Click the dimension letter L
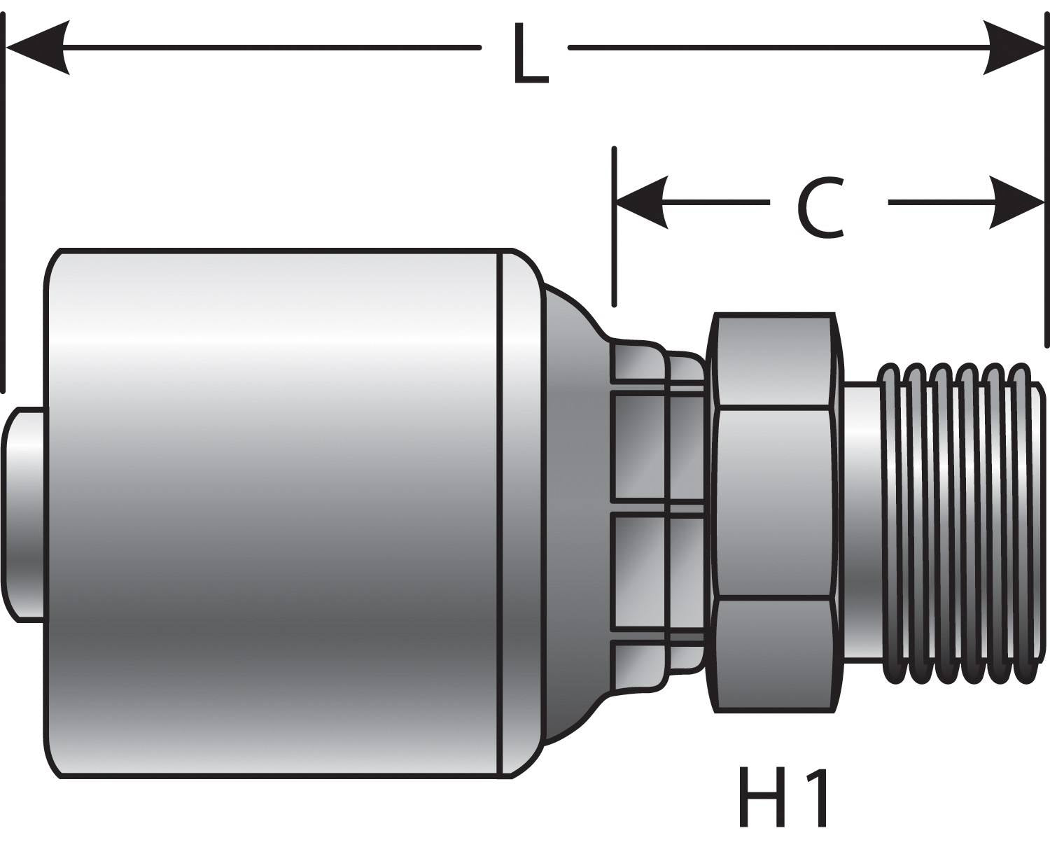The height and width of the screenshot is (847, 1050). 530,55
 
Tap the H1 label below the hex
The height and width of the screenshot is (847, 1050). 784,797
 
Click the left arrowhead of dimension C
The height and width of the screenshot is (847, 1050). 640,203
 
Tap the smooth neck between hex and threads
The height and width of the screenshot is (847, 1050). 860,518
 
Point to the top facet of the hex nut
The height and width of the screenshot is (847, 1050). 773,360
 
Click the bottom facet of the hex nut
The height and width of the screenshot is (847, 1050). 773,654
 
